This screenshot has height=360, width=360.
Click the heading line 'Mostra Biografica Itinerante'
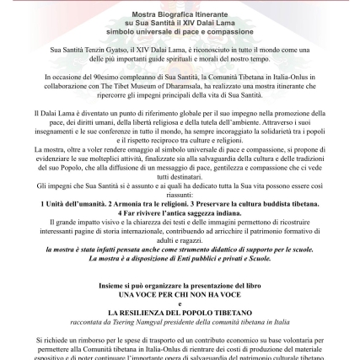click(180, 16)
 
